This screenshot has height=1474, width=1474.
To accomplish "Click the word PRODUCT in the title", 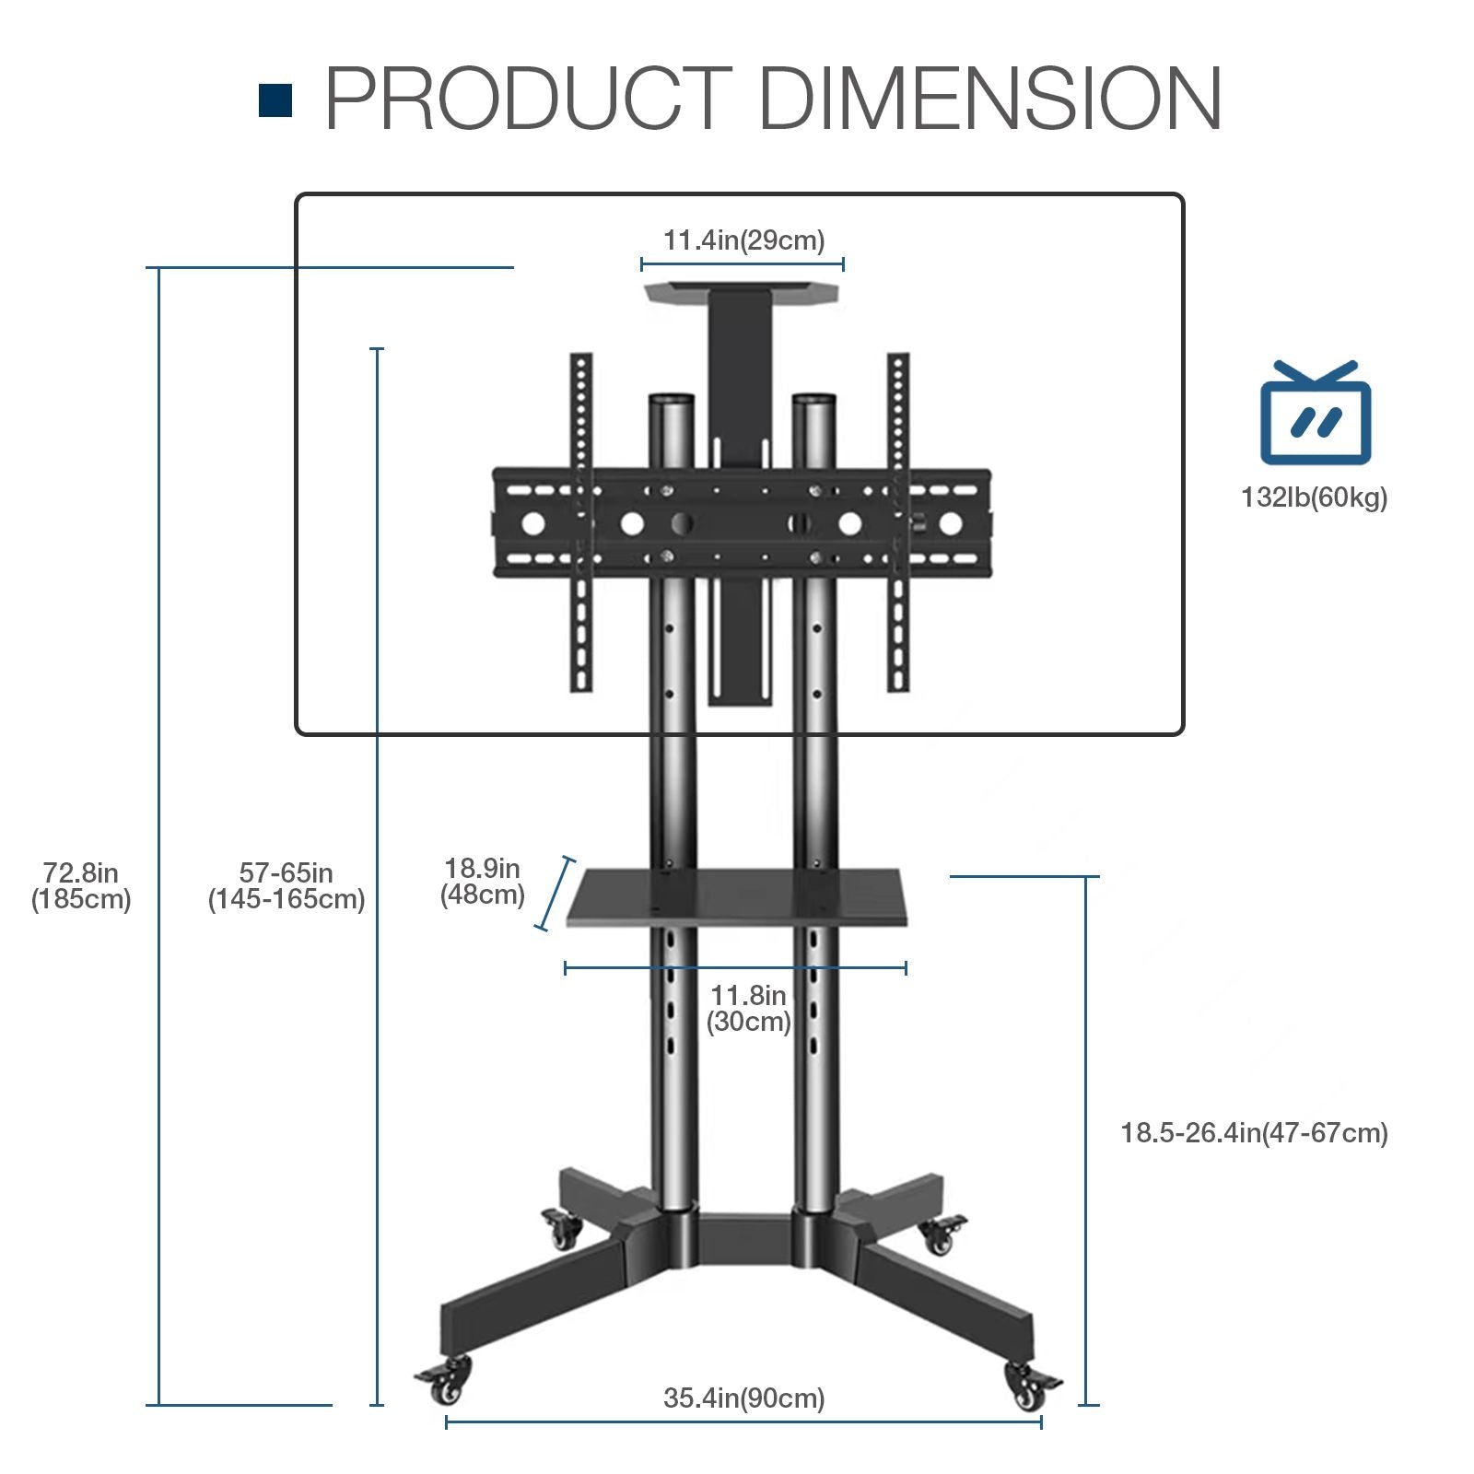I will point(528,99).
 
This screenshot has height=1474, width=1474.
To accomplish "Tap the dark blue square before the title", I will point(275,100).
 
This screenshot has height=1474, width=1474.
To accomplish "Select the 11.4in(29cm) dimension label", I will point(743,240).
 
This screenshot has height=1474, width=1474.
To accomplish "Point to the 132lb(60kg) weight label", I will point(1314,497).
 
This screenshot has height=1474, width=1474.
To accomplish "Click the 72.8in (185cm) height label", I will point(81,885).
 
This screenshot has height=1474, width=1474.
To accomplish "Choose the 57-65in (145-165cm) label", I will point(287,885).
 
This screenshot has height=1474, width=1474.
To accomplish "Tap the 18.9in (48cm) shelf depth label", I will point(482,881).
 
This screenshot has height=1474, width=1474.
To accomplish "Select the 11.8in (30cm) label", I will point(748,1008).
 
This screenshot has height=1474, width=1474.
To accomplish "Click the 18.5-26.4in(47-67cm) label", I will point(1254,1132).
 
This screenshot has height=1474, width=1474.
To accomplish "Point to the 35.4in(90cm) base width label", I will point(743,1398).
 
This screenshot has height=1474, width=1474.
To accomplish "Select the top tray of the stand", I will point(743,292).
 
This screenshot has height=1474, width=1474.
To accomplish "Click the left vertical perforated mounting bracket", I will point(580,521).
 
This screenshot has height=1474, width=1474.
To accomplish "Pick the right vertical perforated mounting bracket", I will point(898,521).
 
